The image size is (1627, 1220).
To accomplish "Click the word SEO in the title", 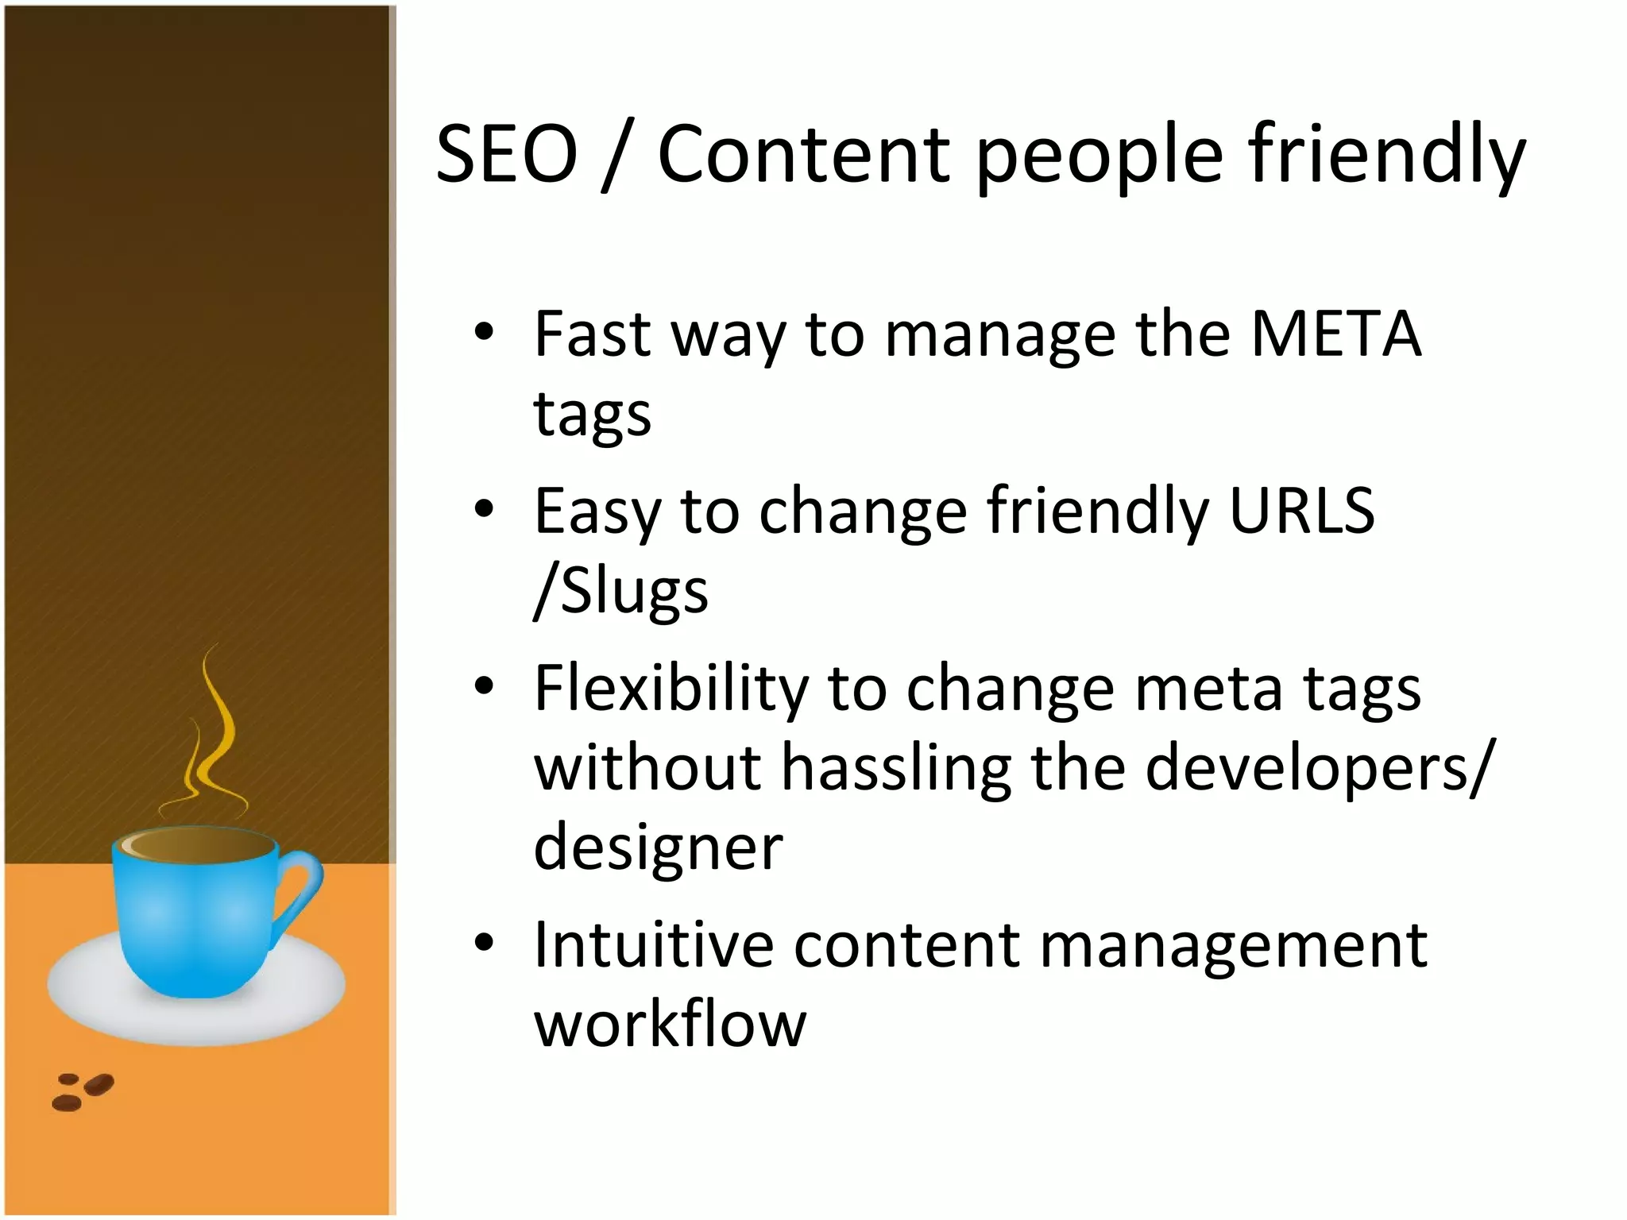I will coord(507,154).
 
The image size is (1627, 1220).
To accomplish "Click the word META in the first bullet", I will coord(1335,334).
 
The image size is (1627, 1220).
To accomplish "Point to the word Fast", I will coord(593,334).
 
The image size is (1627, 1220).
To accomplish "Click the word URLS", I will coord(1301,511).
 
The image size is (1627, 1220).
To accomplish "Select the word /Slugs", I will coord(620,592).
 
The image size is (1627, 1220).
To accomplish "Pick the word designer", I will coord(658,847).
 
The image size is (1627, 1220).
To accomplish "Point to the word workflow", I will coord(670,1025).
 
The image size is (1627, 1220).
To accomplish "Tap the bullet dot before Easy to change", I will coord(484,509).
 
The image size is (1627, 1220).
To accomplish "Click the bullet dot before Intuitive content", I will coord(484,944).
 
